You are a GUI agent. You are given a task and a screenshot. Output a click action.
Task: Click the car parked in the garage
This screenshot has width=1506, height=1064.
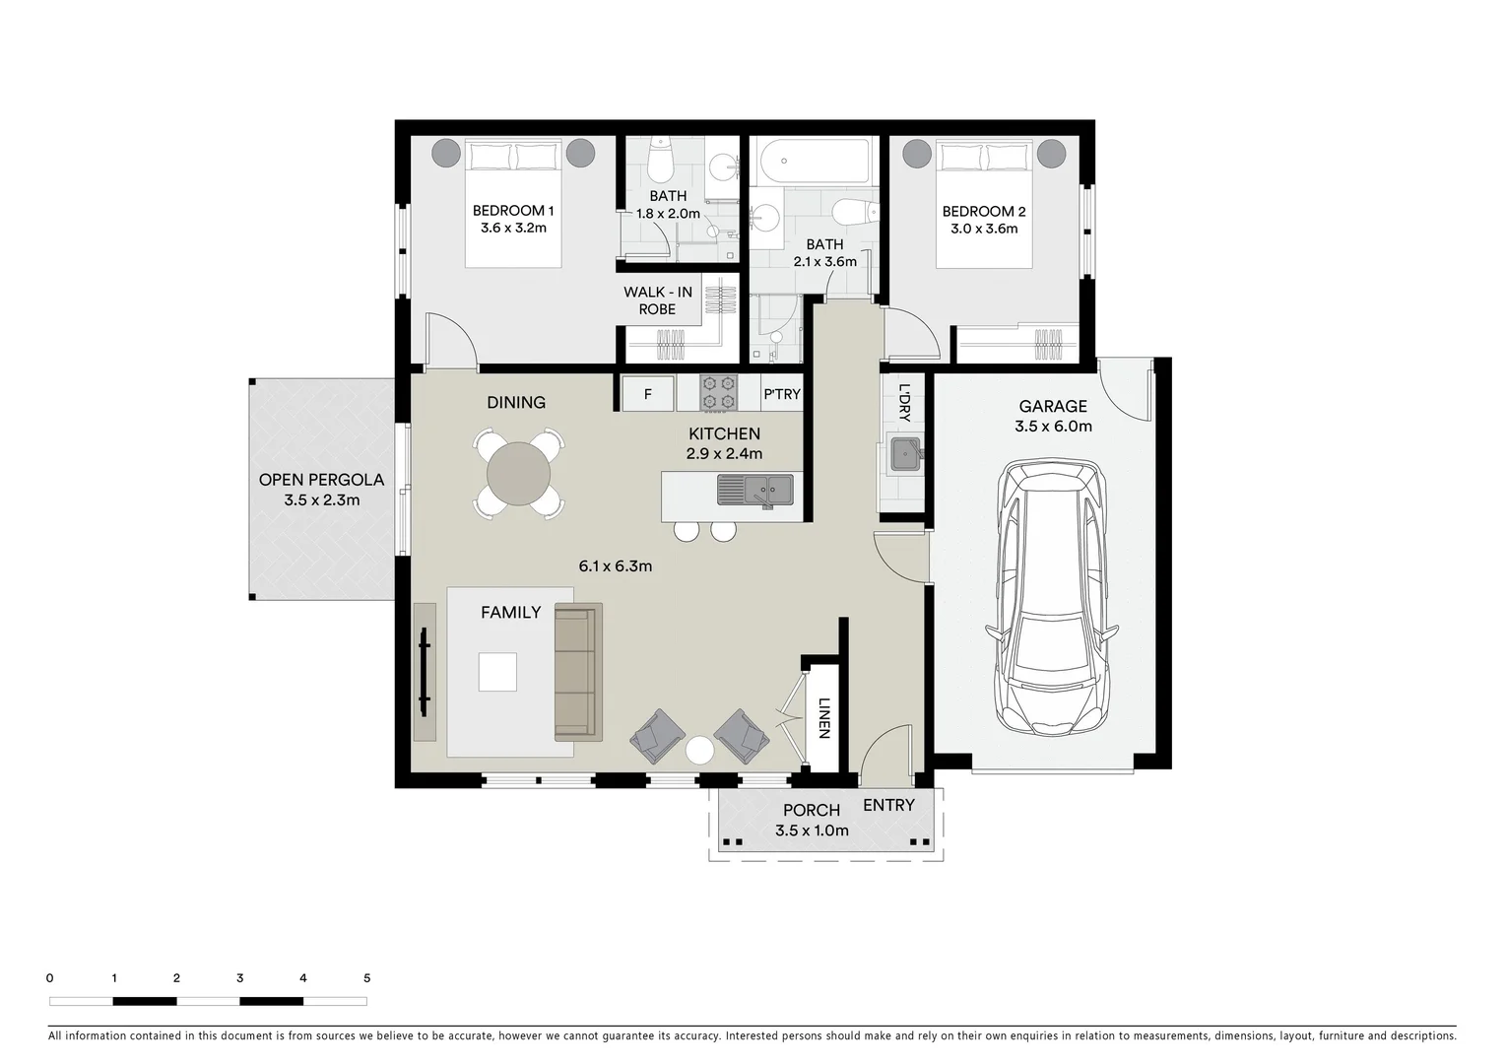click(1051, 598)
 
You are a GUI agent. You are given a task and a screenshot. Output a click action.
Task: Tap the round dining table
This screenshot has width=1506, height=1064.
click(518, 474)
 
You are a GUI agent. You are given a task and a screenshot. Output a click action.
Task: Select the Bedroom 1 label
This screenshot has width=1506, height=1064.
click(513, 211)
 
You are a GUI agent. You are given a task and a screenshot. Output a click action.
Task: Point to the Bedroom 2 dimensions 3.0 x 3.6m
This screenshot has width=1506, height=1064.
click(983, 229)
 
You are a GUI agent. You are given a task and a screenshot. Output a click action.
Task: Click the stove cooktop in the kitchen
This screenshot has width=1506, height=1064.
click(718, 392)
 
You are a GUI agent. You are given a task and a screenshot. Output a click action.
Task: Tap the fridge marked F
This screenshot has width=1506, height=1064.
click(648, 394)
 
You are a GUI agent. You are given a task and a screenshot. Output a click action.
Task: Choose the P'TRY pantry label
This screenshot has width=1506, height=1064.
click(783, 394)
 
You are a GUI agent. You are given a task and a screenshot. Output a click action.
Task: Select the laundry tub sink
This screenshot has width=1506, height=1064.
click(905, 453)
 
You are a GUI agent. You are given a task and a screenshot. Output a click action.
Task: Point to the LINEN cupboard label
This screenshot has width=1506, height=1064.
click(824, 718)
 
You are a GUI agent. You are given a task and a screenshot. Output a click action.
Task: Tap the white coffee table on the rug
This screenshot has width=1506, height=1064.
click(497, 672)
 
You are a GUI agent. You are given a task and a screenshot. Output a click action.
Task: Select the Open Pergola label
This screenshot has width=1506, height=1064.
click(321, 480)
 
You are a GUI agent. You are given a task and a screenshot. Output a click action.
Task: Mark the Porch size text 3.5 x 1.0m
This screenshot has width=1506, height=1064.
click(812, 831)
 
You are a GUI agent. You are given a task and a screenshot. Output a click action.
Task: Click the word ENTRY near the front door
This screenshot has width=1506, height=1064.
click(888, 805)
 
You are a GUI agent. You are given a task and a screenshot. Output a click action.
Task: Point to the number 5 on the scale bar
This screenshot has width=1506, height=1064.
click(366, 978)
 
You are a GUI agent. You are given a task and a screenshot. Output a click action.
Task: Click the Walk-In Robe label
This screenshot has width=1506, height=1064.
click(658, 300)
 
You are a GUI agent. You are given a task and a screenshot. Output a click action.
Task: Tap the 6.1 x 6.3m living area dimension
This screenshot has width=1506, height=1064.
click(616, 565)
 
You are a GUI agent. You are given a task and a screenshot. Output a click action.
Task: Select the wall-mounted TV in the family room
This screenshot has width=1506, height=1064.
click(425, 672)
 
